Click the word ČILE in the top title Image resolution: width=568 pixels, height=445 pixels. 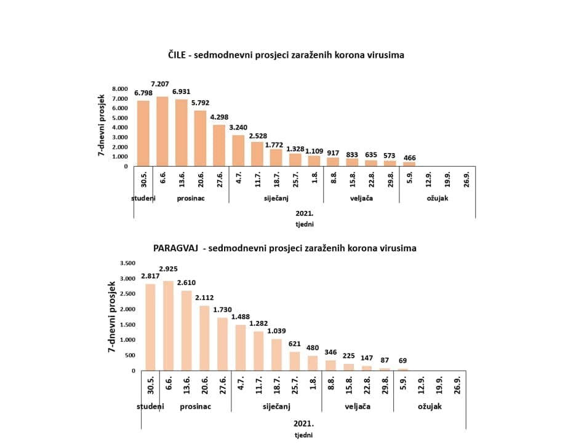178,55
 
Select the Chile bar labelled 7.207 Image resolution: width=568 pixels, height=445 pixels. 162,131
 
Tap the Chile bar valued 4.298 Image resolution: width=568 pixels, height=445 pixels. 219,145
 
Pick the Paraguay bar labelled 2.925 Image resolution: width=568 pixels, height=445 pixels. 169,326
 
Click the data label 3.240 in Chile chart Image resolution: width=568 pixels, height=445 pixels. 238,127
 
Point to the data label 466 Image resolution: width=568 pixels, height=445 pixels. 409,158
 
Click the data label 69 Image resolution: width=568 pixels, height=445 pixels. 404,361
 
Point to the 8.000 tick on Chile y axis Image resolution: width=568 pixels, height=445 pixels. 120,89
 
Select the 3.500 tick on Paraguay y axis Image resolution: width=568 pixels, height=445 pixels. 127,263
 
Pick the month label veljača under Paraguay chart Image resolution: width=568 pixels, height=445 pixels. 357,406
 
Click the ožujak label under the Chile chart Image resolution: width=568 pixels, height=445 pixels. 436,198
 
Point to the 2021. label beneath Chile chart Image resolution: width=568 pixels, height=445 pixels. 304,213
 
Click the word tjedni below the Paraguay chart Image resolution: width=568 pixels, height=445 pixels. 303,435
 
